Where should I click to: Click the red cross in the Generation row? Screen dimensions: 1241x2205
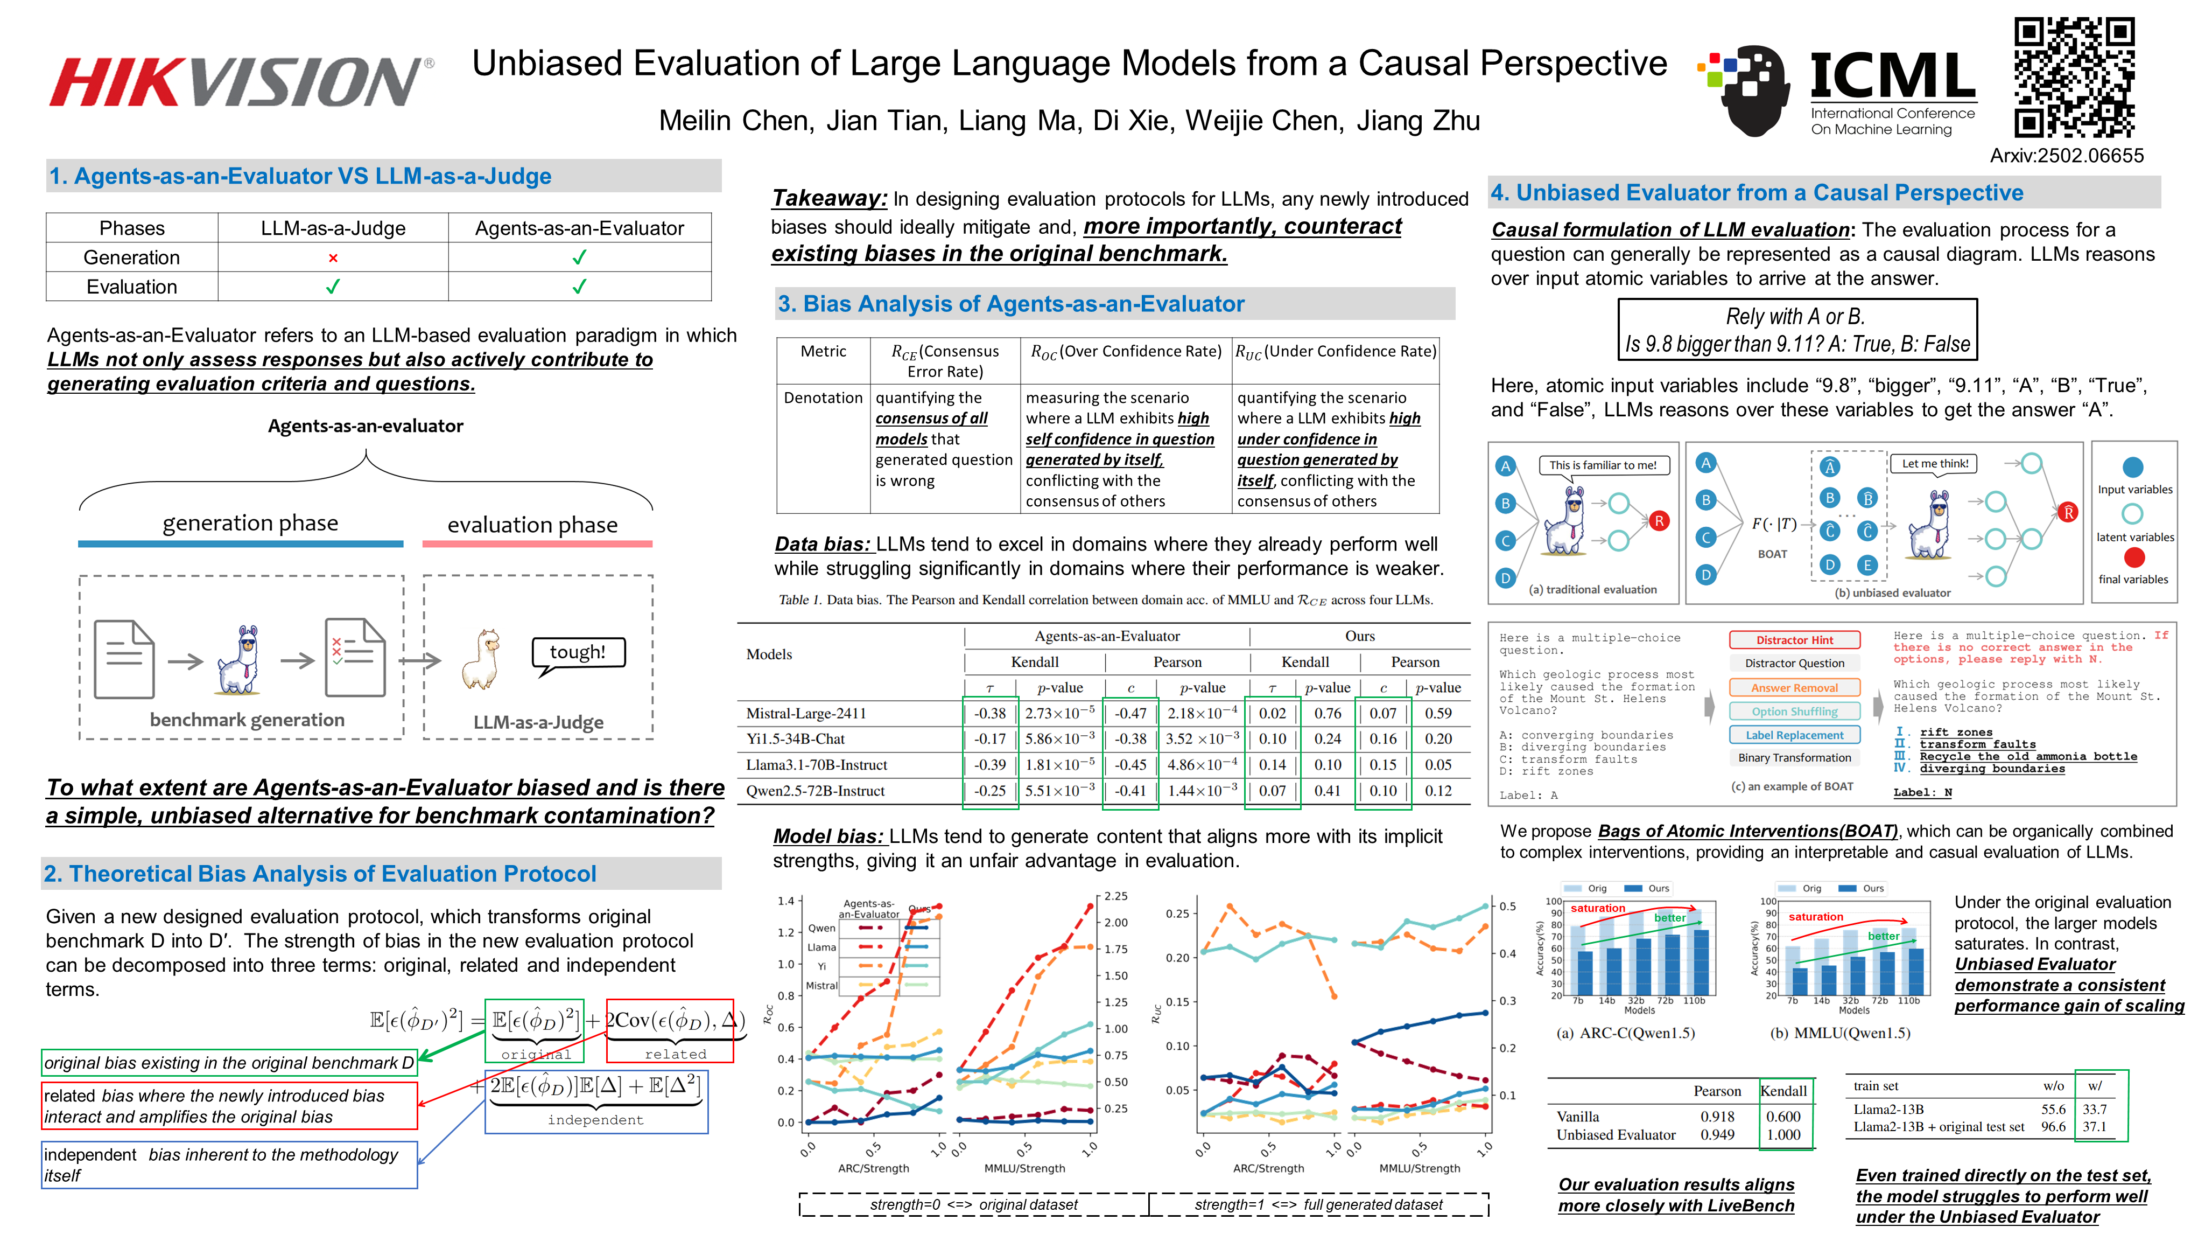coord(333,258)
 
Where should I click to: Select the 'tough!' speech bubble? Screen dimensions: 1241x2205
coord(578,653)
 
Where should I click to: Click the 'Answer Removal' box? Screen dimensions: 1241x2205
coord(1794,688)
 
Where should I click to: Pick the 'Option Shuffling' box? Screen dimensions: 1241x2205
coord(1794,712)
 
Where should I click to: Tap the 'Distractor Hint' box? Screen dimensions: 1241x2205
coord(1794,640)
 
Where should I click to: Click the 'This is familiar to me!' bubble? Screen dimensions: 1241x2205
coord(1603,465)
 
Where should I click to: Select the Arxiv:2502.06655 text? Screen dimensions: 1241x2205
coord(2066,156)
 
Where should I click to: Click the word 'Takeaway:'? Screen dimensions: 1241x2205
coord(828,199)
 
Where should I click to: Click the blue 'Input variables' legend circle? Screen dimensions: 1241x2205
coord(2132,467)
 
